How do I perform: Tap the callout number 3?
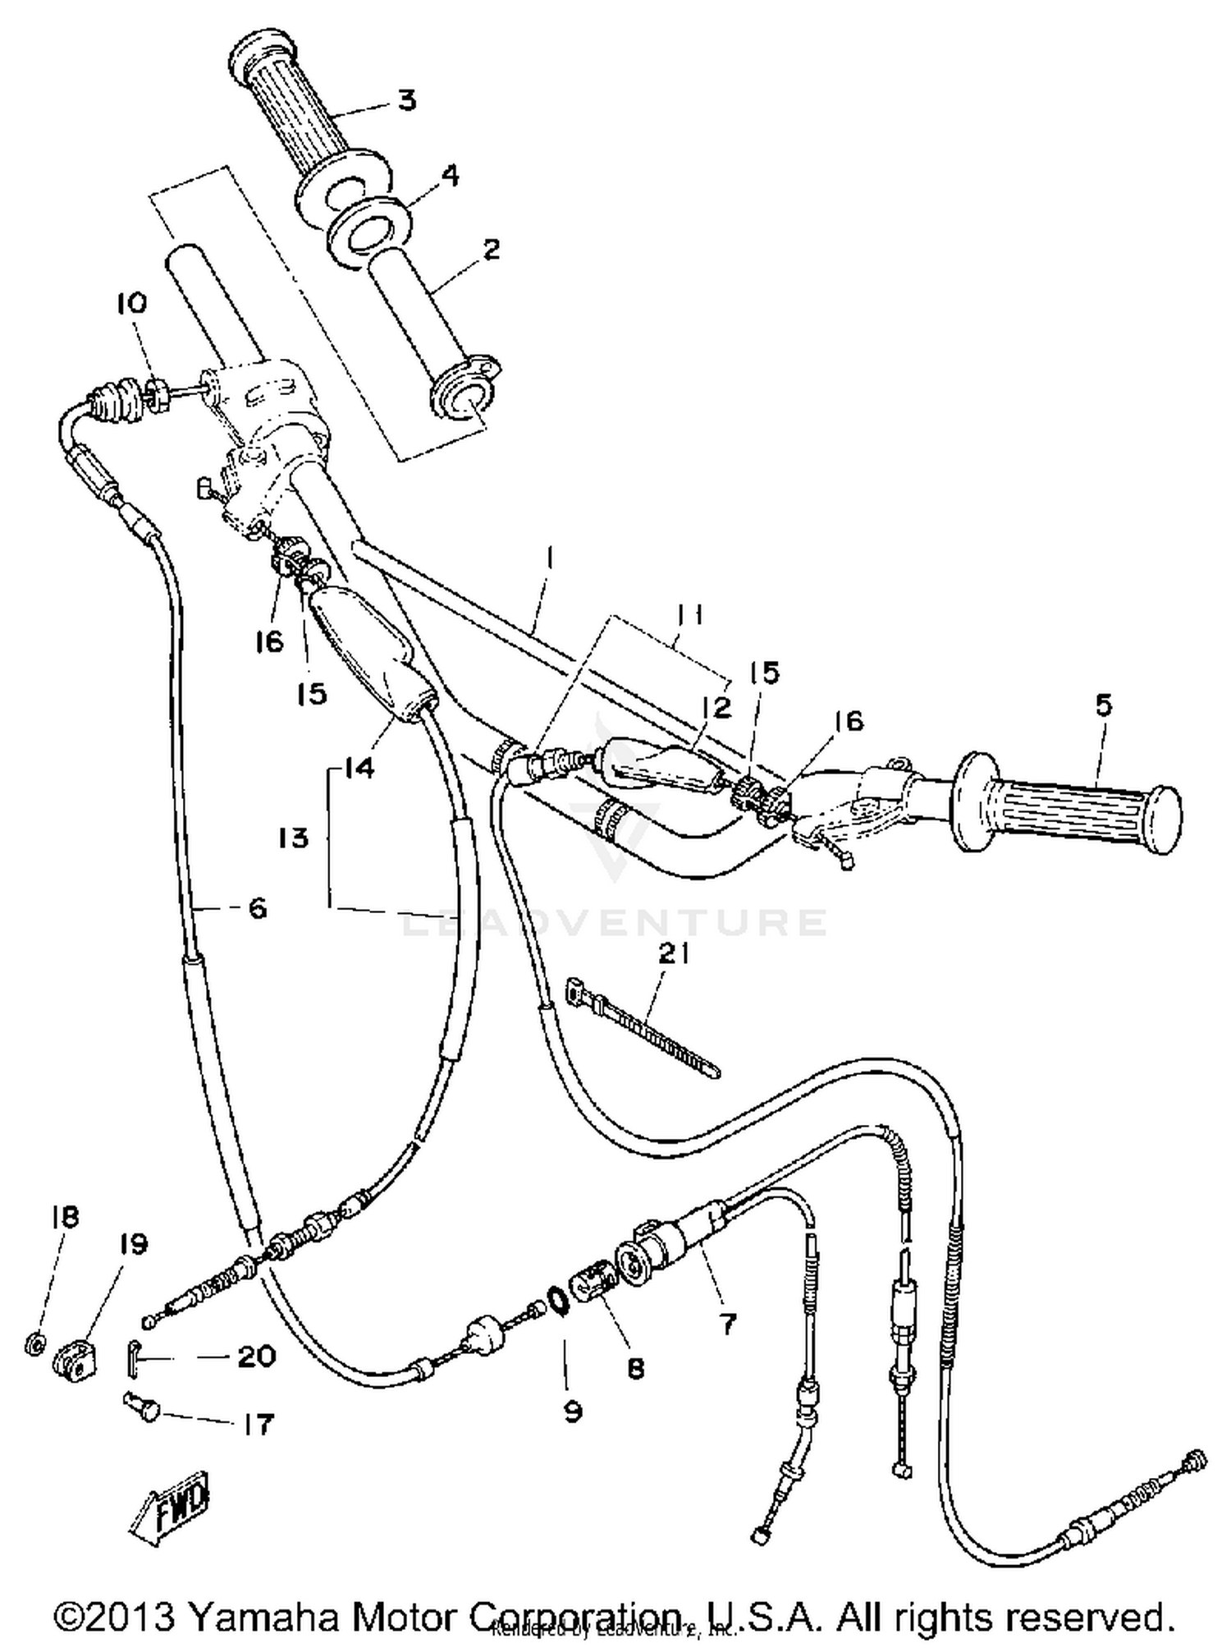[x=406, y=100]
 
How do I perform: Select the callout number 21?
[x=674, y=955]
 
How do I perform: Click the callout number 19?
[x=132, y=1245]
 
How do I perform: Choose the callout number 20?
[x=255, y=1356]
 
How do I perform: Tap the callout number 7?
[x=727, y=1323]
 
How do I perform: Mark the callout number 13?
[x=293, y=838]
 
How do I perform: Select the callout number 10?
[x=131, y=303]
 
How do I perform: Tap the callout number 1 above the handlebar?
[x=549, y=559]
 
